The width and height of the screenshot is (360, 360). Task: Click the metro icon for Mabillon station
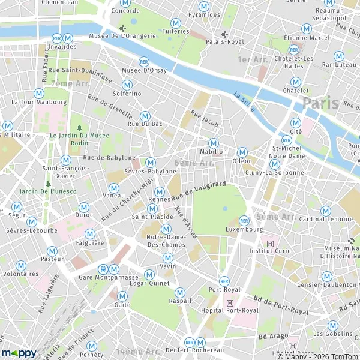pos(213,143)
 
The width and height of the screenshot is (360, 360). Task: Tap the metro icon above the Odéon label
pos(242,152)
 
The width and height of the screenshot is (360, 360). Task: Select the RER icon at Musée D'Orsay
pos(143,62)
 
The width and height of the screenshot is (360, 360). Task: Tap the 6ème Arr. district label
pos(194,163)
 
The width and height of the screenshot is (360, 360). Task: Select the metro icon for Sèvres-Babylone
pos(151,162)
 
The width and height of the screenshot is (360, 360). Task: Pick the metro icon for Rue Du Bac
pos(145,115)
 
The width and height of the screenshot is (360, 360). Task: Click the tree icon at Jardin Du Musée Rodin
pos(79,127)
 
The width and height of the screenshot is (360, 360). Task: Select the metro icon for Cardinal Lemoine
pos(325,211)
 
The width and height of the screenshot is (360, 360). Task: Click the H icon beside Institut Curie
pos(270,243)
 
